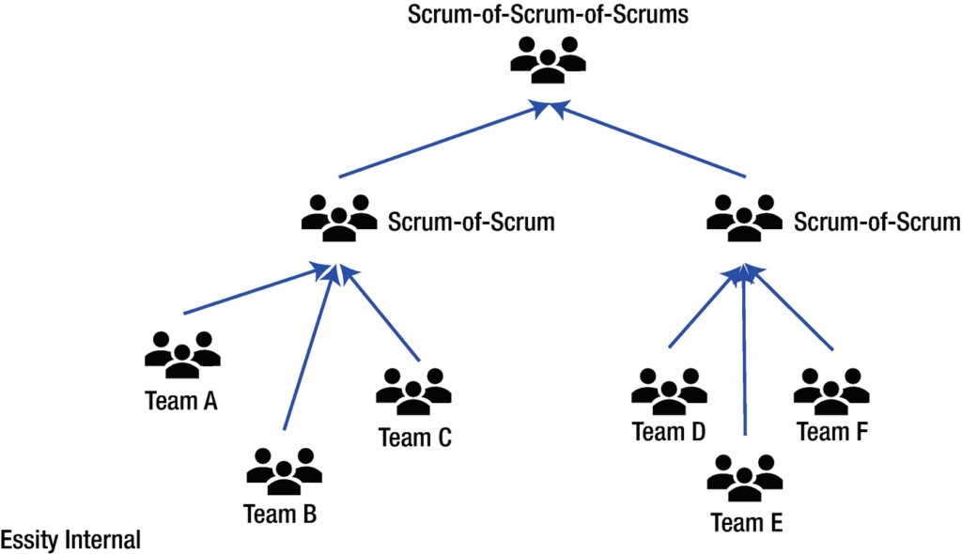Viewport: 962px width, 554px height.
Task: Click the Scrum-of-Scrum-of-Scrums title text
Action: coord(548,16)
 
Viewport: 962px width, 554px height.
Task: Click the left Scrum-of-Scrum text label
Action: coord(471,223)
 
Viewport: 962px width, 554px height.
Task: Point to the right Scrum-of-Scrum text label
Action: coord(877,223)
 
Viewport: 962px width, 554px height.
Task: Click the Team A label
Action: coord(181,402)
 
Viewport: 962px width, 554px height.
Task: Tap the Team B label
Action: coord(280,515)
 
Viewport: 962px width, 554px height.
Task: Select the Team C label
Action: coord(415,438)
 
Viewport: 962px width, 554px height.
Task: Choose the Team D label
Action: coord(669,432)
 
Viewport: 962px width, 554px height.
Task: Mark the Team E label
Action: coord(747,522)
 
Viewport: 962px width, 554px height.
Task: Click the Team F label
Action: coord(831,432)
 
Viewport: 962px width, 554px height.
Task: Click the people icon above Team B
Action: coord(284,469)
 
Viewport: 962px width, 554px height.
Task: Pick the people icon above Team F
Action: coord(831,388)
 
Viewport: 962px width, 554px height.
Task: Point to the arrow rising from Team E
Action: coord(745,357)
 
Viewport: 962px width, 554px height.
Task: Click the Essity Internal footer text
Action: coord(70,540)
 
